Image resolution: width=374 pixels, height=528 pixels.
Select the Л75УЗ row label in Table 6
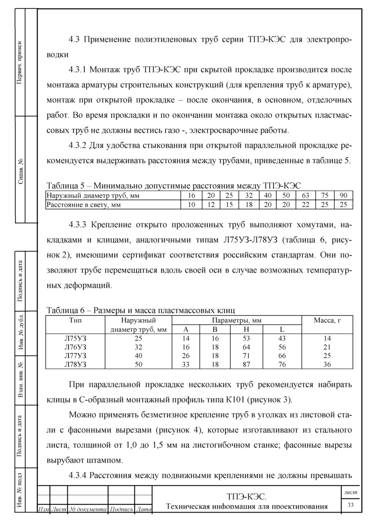point(75,338)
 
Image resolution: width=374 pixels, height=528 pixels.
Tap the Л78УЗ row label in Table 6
point(75,364)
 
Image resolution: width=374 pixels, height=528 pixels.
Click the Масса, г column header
point(327,320)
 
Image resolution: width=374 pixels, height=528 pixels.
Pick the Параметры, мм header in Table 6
point(237,320)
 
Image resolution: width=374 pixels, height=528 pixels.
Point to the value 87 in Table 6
point(246,364)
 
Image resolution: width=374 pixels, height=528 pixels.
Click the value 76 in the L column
point(282,364)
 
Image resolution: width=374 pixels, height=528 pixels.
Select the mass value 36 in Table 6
point(327,364)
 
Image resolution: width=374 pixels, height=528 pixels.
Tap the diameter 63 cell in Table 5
point(305,196)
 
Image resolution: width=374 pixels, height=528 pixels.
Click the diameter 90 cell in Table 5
point(343,196)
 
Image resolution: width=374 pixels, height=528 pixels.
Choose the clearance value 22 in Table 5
point(305,205)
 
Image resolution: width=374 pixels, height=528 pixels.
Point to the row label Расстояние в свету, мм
point(83,205)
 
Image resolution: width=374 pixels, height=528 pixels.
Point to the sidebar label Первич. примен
point(20,62)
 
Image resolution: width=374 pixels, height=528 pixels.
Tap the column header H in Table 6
point(246,329)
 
